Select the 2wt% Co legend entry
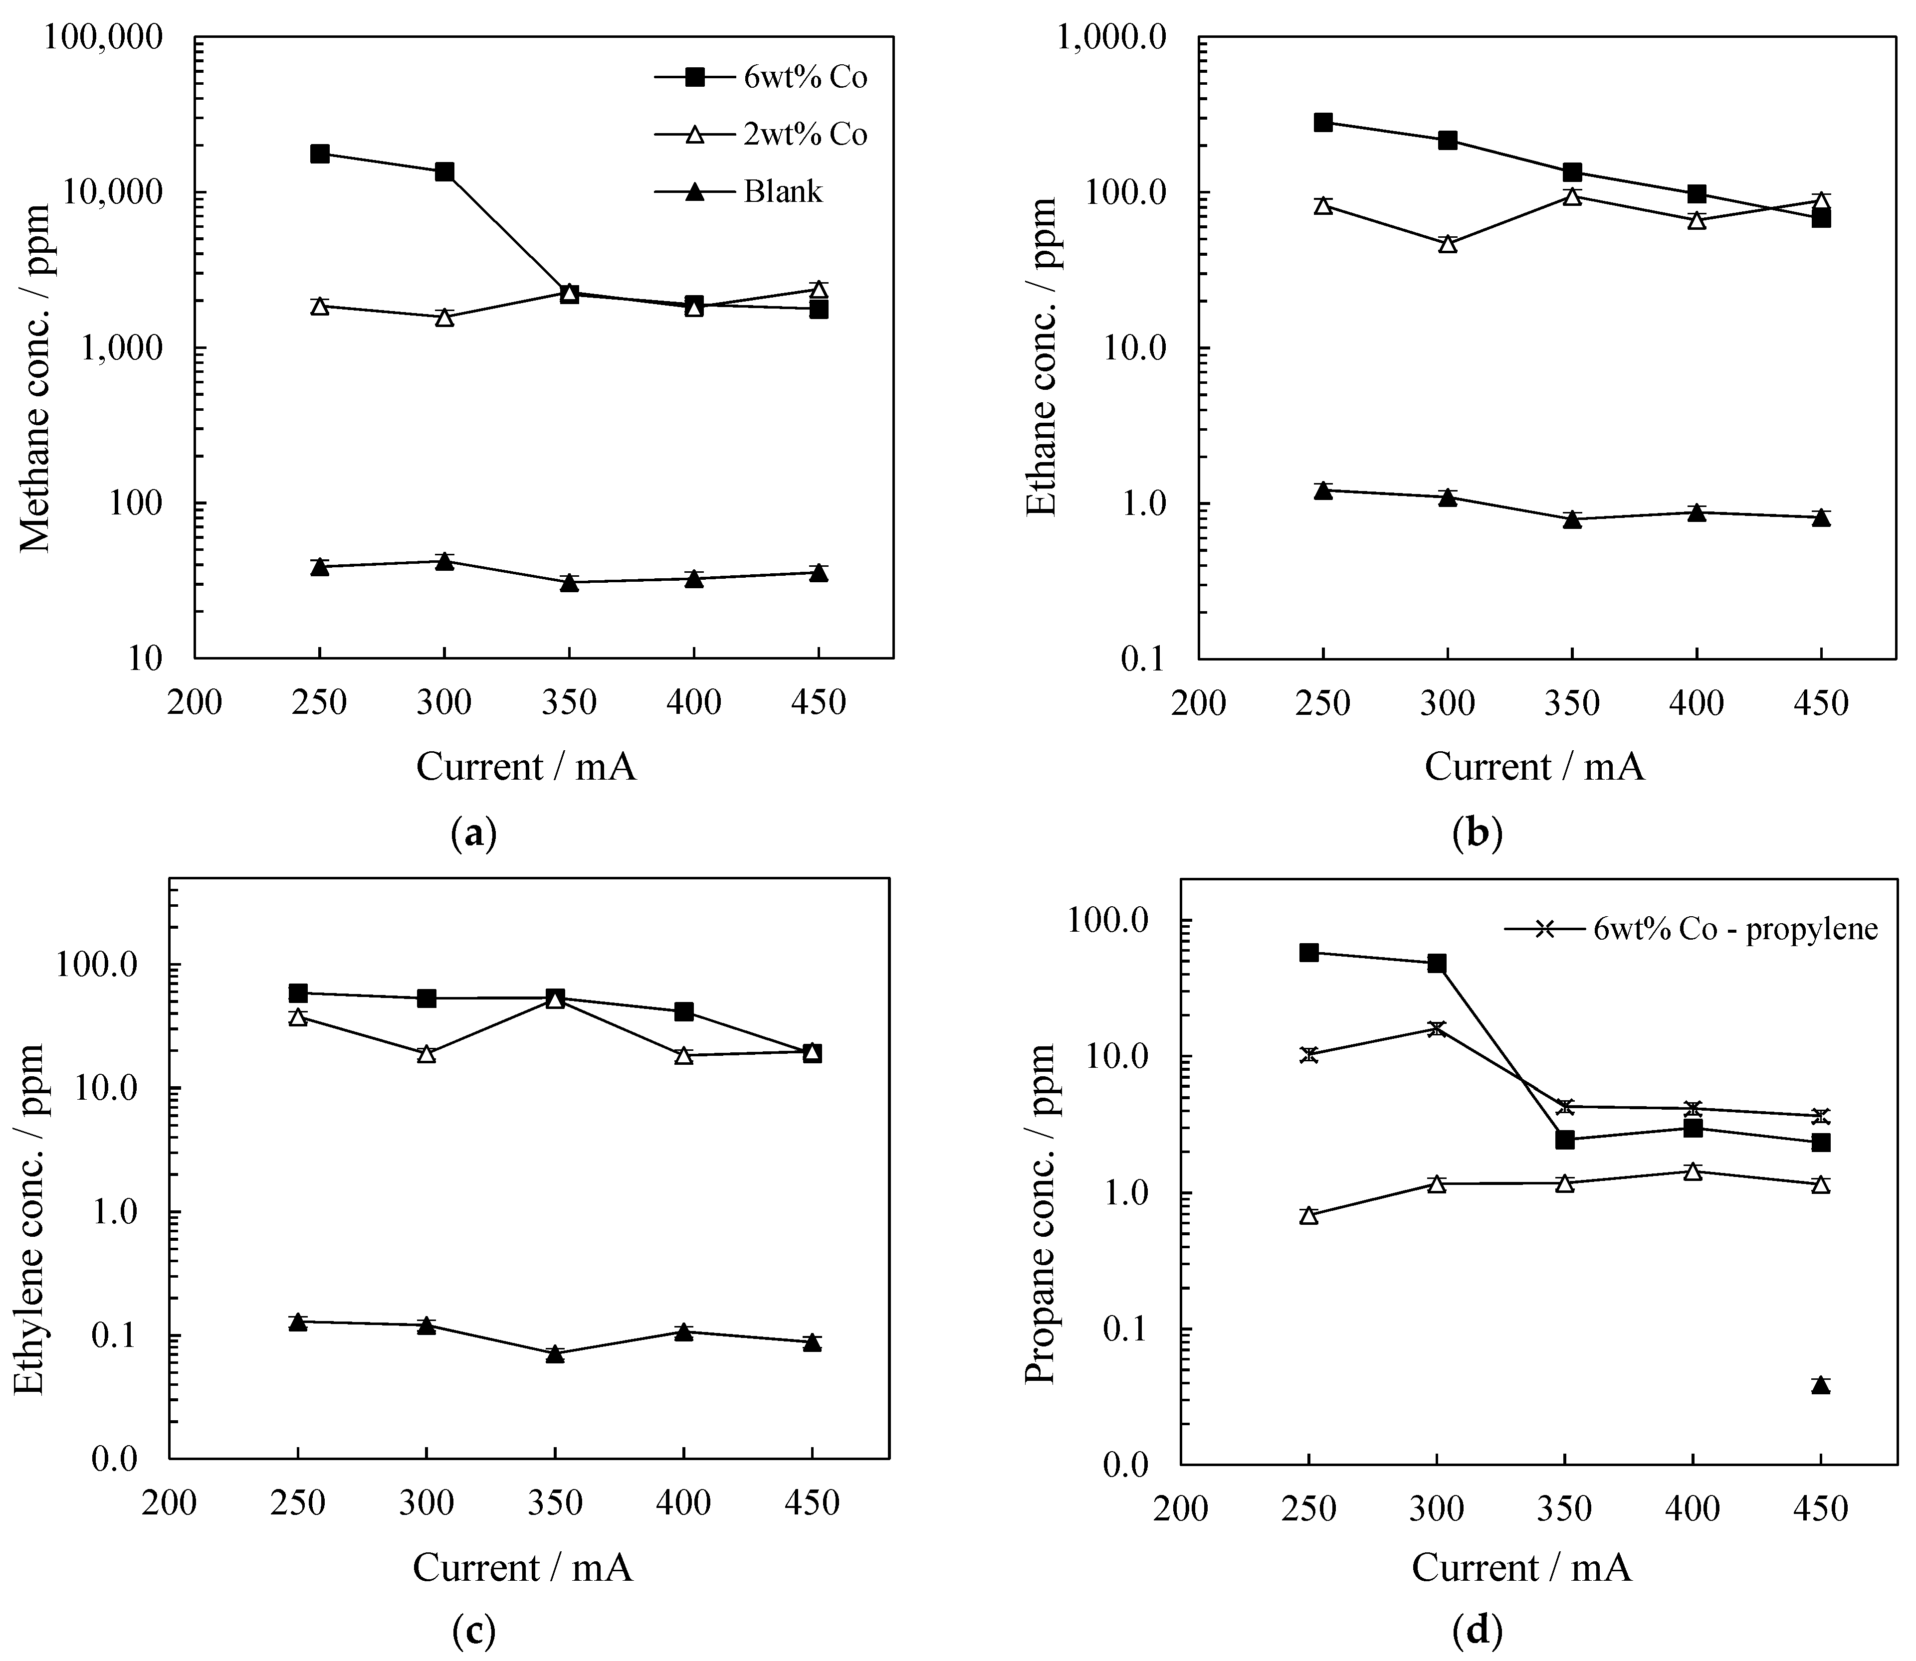coord(761,135)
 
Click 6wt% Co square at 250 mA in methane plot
coord(320,154)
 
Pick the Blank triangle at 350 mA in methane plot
coord(570,583)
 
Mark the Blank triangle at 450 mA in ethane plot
coord(1821,517)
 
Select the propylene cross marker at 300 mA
coord(1437,1029)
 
